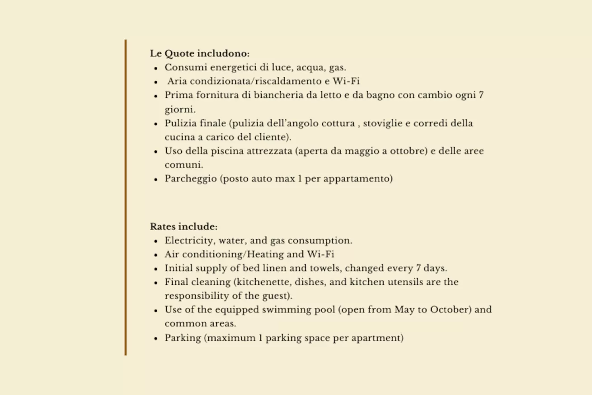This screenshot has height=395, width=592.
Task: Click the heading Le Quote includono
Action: [200, 53]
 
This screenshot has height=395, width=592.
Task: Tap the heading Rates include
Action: [183, 226]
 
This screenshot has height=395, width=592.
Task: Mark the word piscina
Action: [229, 151]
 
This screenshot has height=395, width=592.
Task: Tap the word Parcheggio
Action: [191, 179]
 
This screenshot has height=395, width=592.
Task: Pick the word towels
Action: [324, 268]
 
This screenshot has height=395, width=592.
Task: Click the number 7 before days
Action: [418, 268]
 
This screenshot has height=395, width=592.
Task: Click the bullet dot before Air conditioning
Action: [155, 255]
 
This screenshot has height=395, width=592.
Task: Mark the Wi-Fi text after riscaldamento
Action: [346, 81]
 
